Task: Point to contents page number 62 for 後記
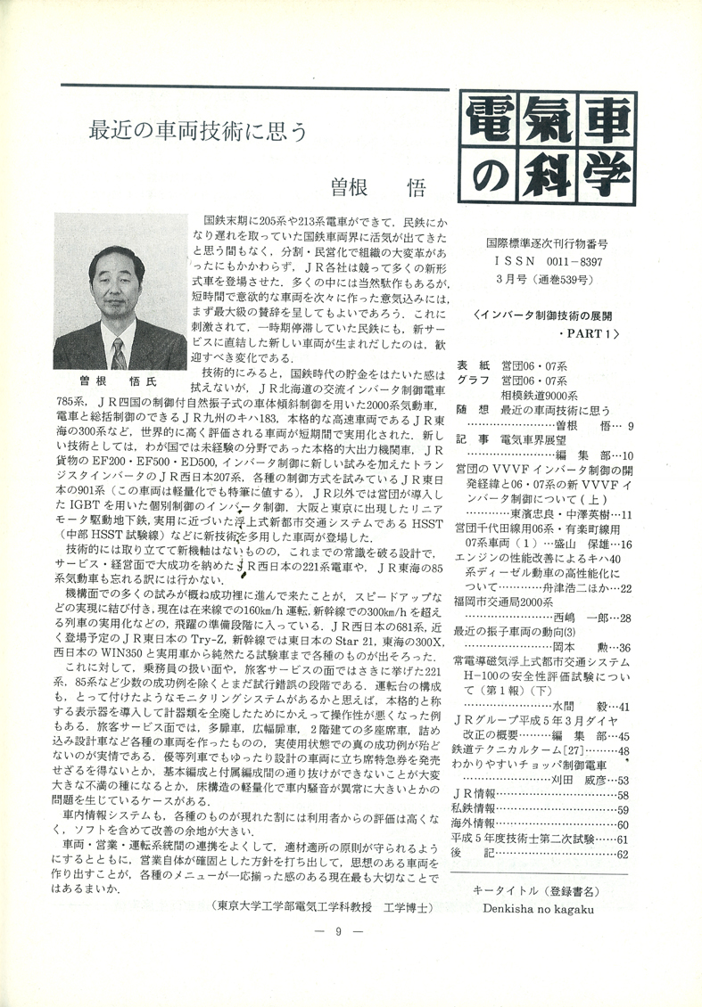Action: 622,854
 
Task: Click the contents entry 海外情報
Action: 478,823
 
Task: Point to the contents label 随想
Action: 469,410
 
